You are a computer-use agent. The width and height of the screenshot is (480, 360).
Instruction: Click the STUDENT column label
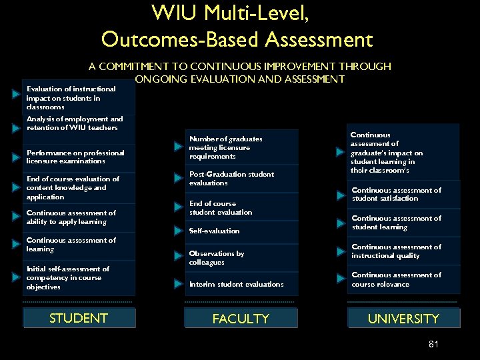79,318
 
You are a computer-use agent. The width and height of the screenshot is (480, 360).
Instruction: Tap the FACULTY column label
241,319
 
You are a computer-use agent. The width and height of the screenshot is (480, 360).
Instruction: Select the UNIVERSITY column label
403,319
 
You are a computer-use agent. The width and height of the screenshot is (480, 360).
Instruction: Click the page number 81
433,344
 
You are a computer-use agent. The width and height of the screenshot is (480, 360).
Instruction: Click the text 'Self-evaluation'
214,231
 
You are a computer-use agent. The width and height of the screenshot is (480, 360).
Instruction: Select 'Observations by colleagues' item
217,258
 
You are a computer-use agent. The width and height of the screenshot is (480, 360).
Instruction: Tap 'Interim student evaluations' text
236,284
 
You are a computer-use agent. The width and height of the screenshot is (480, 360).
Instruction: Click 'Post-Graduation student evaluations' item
231,179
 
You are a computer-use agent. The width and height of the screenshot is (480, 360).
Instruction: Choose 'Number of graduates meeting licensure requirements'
225,147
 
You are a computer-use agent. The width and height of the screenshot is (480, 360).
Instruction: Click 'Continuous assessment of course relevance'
396,279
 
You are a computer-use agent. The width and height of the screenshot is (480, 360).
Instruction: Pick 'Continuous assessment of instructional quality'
396,251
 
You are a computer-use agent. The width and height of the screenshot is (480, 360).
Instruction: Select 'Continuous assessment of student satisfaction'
396,194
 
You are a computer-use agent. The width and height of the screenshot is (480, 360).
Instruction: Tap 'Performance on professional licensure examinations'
75,157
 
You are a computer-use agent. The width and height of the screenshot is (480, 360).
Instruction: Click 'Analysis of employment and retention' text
74,123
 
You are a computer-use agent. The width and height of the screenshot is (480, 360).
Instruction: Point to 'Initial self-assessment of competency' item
67,277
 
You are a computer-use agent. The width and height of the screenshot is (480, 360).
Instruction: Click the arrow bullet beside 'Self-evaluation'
178,231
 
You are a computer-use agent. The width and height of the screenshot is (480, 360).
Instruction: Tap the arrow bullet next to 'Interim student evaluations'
178,284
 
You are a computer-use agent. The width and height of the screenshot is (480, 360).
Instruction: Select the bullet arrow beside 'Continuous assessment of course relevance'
341,277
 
